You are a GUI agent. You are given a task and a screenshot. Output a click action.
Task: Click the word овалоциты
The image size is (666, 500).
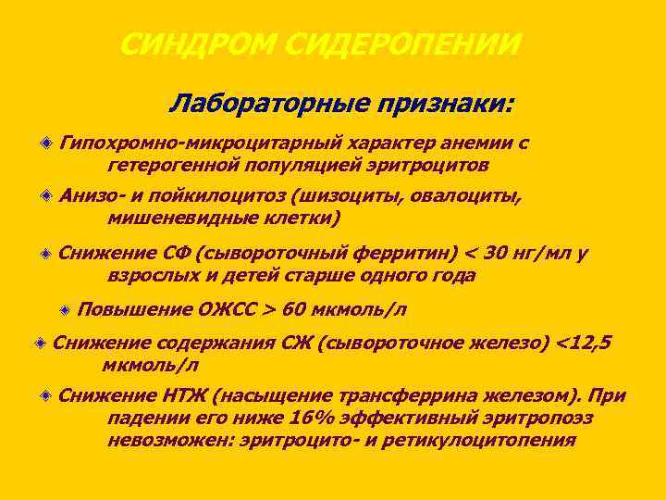click(461, 196)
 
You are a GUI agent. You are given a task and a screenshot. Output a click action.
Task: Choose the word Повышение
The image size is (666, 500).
click(136, 309)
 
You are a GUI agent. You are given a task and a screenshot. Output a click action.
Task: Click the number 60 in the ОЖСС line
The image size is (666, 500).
click(297, 309)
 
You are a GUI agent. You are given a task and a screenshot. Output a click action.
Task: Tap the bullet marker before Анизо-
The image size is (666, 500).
click(46, 196)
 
